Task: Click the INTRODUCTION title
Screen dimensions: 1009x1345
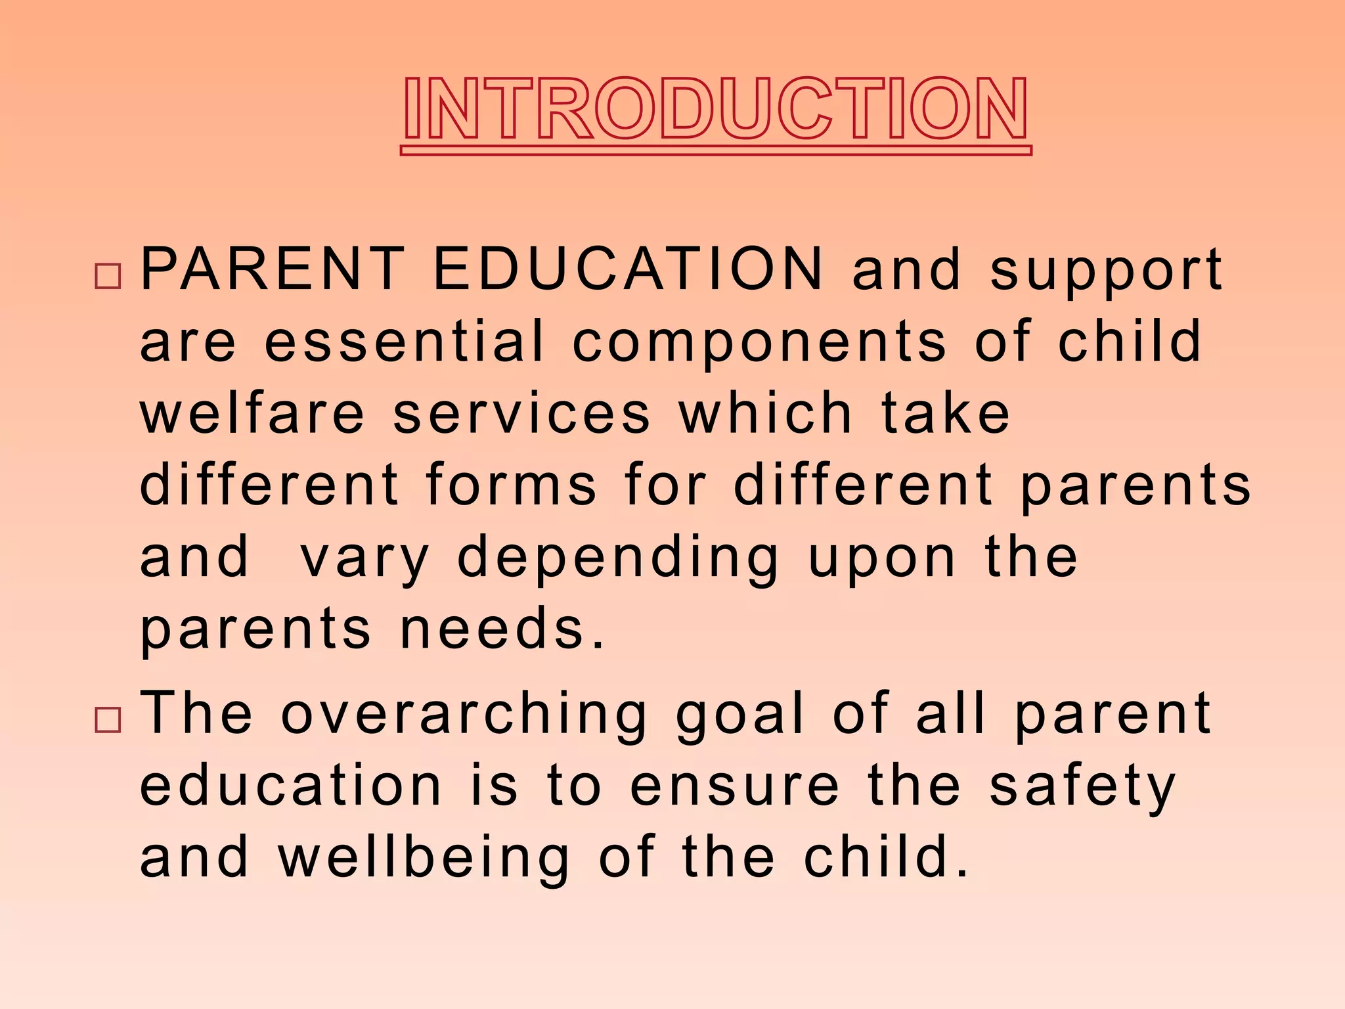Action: [716, 108]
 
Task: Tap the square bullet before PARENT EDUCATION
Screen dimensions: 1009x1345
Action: [108, 275]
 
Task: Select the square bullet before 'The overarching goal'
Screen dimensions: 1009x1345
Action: [108, 719]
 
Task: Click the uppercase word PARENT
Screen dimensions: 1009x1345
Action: [273, 269]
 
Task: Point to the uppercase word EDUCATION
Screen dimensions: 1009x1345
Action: [628, 269]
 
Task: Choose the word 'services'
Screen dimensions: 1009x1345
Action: [522, 414]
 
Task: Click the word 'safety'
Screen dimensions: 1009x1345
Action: [1082, 787]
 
